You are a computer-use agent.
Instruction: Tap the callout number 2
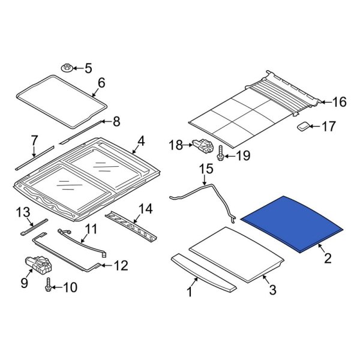327,259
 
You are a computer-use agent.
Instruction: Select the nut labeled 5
67,68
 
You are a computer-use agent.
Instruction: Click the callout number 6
100,83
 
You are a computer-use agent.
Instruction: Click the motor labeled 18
200,145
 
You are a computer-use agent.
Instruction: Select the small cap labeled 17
304,126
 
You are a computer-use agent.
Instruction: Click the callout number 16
339,102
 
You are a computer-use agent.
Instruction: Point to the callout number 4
140,142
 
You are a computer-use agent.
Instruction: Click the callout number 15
206,170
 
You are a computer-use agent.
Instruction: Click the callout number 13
22,212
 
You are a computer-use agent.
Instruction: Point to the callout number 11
91,229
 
